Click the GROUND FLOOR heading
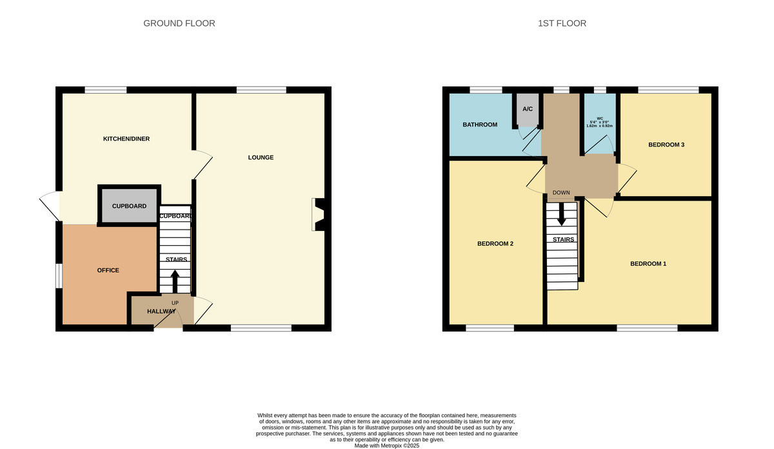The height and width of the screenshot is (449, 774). [x=179, y=23]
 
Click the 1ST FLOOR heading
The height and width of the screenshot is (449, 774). [x=562, y=23]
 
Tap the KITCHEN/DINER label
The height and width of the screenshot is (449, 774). [x=126, y=139]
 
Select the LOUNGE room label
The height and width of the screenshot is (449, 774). [x=261, y=157]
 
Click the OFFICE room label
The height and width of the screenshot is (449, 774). [x=108, y=270]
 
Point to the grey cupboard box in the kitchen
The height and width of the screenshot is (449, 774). [x=129, y=206]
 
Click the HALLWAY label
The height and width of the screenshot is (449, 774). [x=161, y=312]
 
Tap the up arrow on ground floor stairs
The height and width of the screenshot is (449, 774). [x=174, y=281]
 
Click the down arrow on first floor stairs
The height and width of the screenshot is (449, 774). [x=561, y=215]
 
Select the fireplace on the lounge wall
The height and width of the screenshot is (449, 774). [x=319, y=214]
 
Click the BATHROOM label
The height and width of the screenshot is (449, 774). [x=480, y=125]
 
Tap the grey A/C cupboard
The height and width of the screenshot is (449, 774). [x=527, y=110]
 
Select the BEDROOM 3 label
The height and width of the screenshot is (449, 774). [x=666, y=145]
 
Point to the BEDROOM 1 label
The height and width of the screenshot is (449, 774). [x=648, y=264]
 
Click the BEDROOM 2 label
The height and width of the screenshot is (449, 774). [x=495, y=244]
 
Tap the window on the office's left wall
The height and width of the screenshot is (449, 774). [x=58, y=275]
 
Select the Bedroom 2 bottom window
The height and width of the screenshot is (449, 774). [x=490, y=328]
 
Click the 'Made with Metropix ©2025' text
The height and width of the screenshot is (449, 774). [x=387, y=445]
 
